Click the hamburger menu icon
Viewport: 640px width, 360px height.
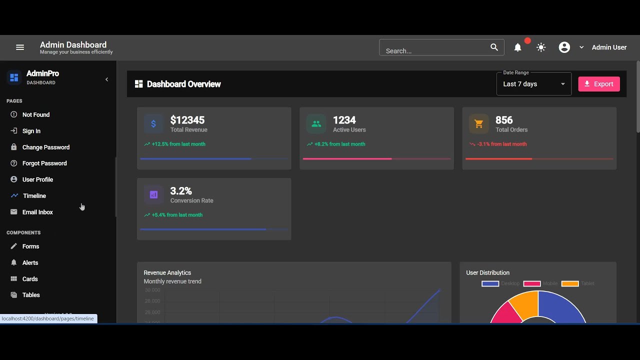tap(20, 47)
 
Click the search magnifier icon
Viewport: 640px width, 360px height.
tap(494, 47)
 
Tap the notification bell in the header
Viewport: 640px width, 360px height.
tap(518, 47)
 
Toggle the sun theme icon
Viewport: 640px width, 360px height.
tap(541, 47)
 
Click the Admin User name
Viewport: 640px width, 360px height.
tap(609, 47)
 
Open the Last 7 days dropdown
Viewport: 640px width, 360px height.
tap(533, 84)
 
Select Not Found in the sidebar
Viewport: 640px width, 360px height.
tap(36, 115)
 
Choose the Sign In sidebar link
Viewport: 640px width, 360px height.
tap(31, 131)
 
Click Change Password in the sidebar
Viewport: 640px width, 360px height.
tap(45, 147)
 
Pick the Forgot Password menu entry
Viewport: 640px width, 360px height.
tap(44, 163)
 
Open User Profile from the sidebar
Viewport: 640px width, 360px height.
tap(37, 179)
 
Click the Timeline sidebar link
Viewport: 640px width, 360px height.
tap(34, 196)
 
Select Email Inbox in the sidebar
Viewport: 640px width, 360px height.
tap(37, 212)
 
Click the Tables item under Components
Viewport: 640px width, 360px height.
tap(31, 295)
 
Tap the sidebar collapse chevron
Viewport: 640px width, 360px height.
tap(106, 79)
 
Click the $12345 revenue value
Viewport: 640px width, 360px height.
tap(187, 120)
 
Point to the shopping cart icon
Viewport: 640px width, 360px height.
tap(478, 124)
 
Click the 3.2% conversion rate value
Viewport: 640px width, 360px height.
tap(181, 191)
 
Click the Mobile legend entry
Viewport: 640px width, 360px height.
tap(540, 283)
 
